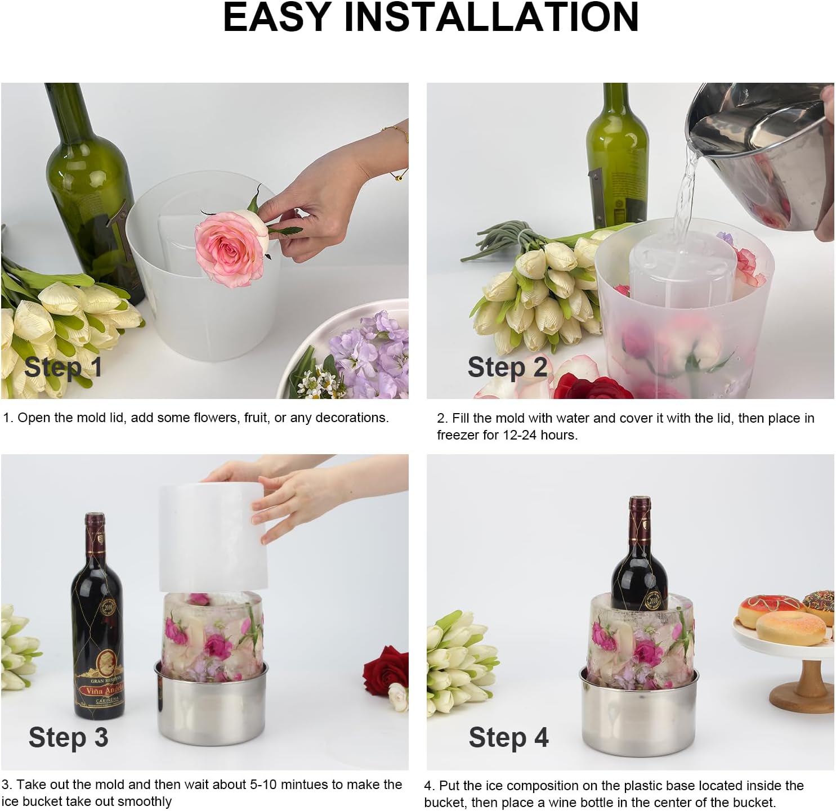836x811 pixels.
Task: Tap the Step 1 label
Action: click(x=64, y=368)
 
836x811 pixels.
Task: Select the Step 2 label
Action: click(x=507, y=368)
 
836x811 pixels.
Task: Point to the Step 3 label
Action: click(x=68, y=737)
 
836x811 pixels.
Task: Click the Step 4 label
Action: click(x=508, y=737)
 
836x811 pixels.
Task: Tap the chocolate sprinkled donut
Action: click(x=820, y=605)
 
